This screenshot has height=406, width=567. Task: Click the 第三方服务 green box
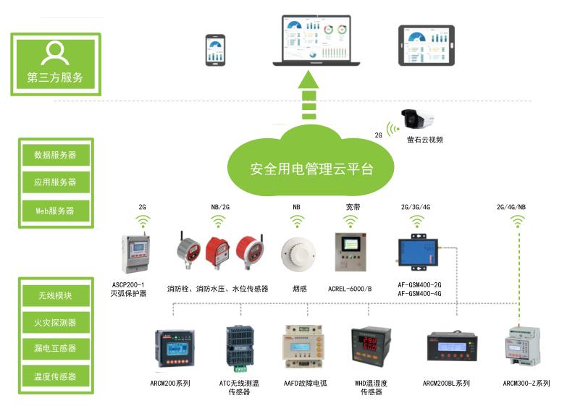click(x=55, y=63)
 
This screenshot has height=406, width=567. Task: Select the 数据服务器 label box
click(x=55, y=155)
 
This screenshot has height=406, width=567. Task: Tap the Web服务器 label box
click(x=55, y=211)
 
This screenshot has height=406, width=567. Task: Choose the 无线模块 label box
click(x=55, y=295)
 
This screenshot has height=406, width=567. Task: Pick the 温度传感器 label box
click(x=55, y=376)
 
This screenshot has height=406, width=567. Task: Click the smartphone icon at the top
click(x=215, y=50)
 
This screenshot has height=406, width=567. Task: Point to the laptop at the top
click(x=313, y=42)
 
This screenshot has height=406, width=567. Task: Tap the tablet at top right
click(x=427, y=46)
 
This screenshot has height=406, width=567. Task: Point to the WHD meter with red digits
click(x=371, y=350)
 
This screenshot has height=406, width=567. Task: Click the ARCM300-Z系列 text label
click(x=526, y=383)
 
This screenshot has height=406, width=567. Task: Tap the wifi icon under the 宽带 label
click(x=353, y=221)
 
